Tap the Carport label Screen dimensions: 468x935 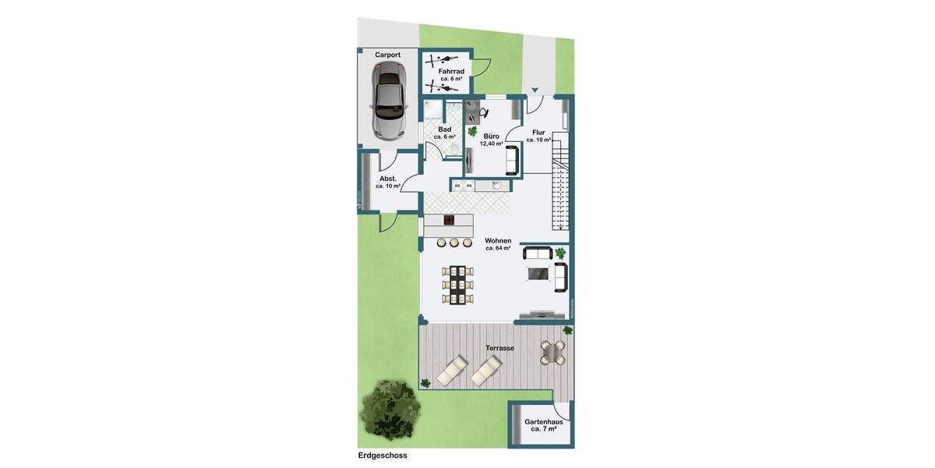(388, 55)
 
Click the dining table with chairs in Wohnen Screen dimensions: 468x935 (457, 285)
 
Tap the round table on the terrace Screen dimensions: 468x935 (552, 353)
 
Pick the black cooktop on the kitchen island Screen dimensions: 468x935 (449, 220)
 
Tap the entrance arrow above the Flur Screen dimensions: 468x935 (535, 90)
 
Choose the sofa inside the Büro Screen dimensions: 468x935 (512, 160)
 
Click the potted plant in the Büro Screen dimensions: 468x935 (472, 132)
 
